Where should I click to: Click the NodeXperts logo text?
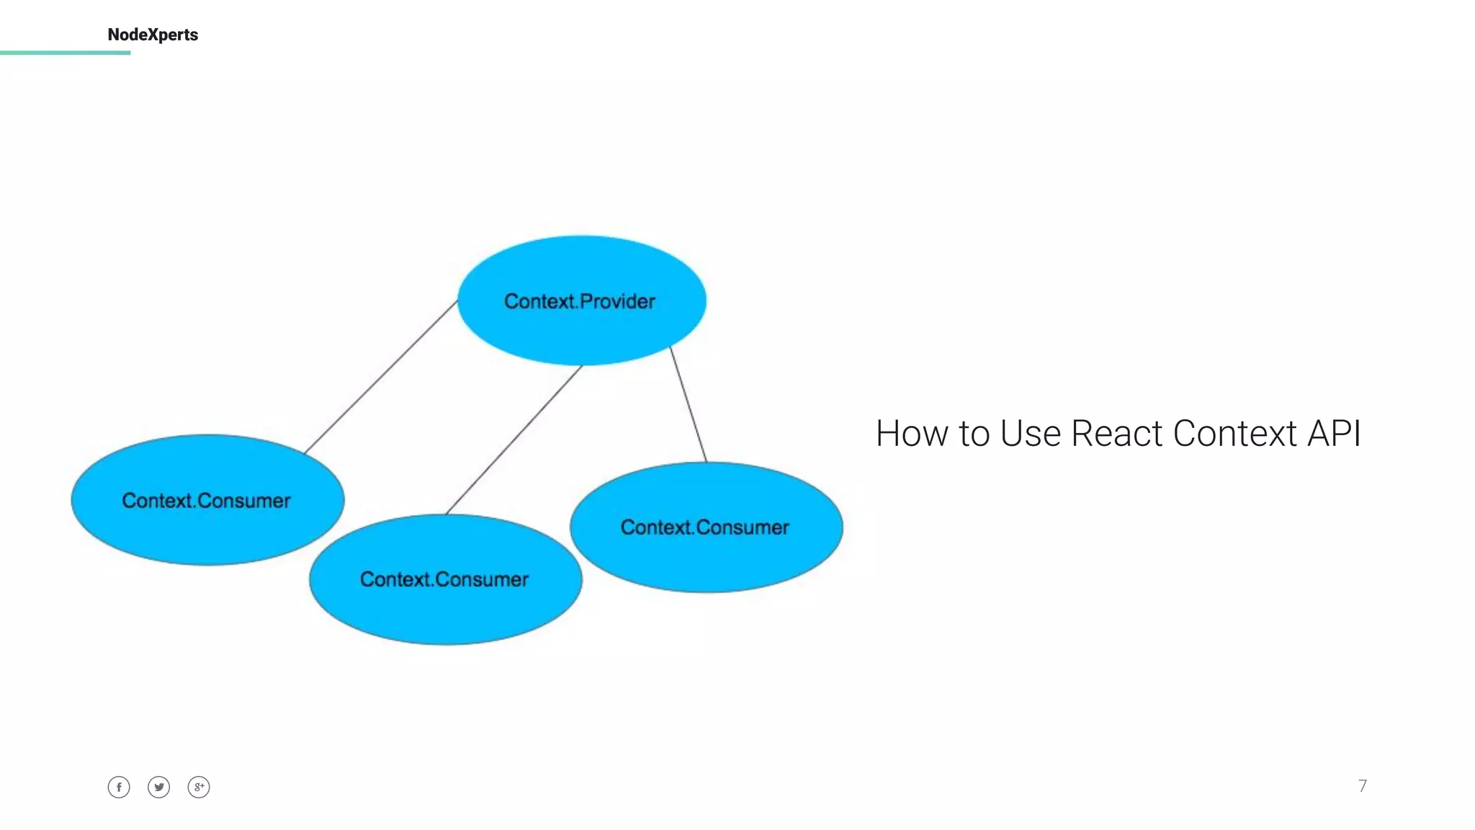153,35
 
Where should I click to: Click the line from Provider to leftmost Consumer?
381,377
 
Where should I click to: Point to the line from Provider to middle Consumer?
514,440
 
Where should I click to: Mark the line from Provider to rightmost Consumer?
689,404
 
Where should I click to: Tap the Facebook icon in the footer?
119,787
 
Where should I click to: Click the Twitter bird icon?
159,787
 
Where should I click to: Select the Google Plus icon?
199,787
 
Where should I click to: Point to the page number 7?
1362,786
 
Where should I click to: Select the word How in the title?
912,434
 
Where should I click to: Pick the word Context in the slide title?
1234,434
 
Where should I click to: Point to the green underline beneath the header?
65,53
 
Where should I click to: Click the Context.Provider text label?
580,301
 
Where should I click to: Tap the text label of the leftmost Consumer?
206,501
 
